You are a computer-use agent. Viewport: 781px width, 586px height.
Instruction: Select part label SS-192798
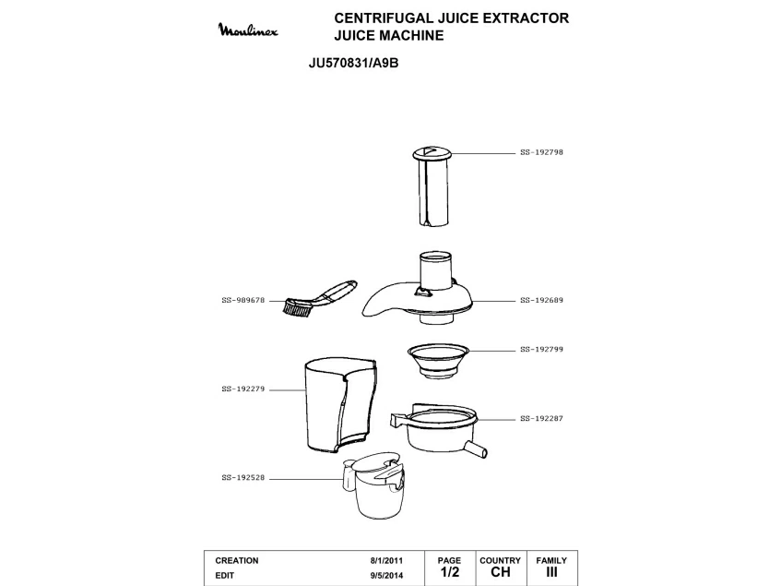(x=541, y=151)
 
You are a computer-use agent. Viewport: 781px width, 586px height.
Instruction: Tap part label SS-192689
(x=541, y=300)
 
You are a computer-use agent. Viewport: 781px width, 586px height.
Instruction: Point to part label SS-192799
(x=541, y=350)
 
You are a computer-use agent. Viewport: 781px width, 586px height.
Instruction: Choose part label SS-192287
(x=541, y=418)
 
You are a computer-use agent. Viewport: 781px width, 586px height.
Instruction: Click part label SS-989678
(x=243, y=300)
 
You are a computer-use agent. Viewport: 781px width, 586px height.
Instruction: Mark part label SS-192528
(x=243, y=478)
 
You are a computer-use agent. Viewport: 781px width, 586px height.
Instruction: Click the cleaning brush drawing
(x=318, y=297)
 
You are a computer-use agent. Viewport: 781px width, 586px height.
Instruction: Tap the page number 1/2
(x=449, y=573)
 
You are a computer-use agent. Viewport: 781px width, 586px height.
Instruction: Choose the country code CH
(x=500, y=573)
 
